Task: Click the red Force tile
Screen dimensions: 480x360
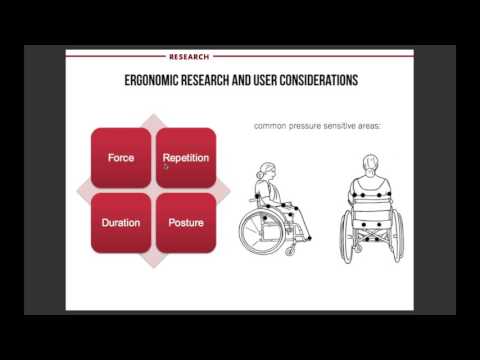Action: [x=121, y=158]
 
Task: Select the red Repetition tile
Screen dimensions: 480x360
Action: [x=186, y=158]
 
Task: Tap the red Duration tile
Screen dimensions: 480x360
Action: [x=121, y=223]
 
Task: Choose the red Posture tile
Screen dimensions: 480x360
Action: [x=186, y=223]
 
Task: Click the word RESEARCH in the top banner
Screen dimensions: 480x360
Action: [x=189, y=57]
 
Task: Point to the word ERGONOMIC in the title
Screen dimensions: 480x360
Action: [x=152, y=80]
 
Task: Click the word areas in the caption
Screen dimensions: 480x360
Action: [x=369, y=126]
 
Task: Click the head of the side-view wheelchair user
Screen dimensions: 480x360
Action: [x=267, y=171]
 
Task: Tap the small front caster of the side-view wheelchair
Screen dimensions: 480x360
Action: [x=290, y=251]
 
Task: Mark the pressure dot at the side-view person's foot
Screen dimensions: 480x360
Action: [x=309, y=238]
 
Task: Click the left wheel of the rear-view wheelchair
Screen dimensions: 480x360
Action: [x=346, y=236]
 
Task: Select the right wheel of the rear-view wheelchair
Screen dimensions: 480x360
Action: [x=397, y=236]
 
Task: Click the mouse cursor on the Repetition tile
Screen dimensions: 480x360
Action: [x=166, y=167]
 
